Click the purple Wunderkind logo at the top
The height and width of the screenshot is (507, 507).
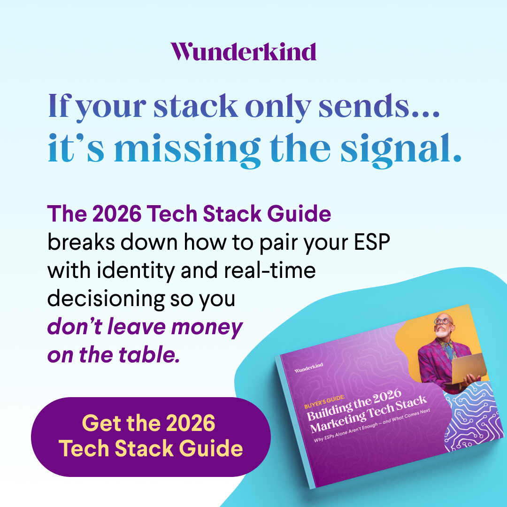[243, 51]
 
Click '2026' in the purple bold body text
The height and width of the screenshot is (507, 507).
[115, 215]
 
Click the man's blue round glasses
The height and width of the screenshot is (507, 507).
[442, 322]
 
